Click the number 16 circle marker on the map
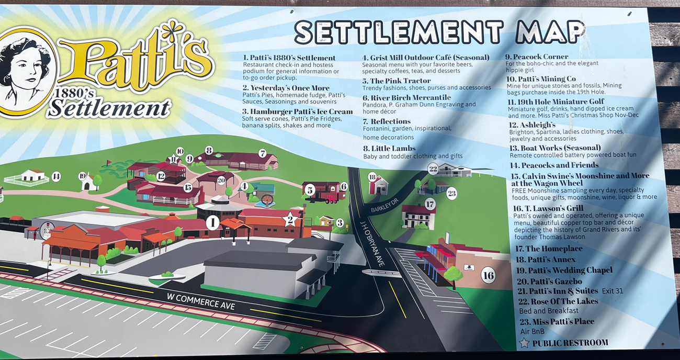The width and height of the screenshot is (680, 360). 488,275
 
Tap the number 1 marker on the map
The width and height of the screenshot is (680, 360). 212,222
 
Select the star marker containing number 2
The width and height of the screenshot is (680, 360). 290,219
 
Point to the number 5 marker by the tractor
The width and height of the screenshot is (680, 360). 310,190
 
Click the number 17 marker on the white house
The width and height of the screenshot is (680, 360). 429,204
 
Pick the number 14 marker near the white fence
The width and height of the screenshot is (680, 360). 56,177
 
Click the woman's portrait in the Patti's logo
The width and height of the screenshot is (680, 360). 25,71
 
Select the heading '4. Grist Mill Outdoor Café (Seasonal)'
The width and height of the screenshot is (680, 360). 425,58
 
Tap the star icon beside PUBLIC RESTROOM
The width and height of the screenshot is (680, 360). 524,343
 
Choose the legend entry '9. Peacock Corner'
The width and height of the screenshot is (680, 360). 536,57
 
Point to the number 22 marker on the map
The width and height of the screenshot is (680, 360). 433,168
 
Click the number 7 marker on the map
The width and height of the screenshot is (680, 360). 263,153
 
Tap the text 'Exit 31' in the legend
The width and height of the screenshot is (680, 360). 612,291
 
